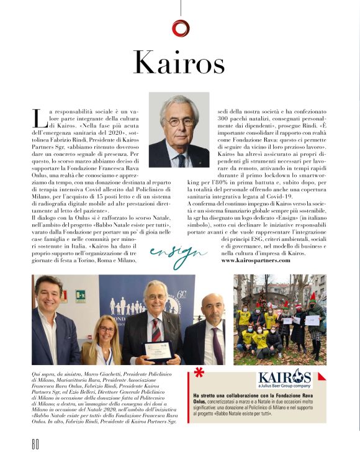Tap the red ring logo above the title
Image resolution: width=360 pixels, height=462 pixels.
[x=180, y=27]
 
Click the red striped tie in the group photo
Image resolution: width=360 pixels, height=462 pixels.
[x=156, y=329]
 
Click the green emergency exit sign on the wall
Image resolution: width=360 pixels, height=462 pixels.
[x=80, y=296]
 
